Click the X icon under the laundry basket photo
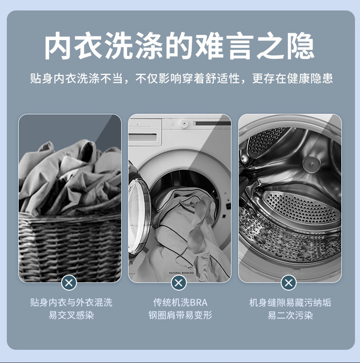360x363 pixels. pyautogui.click(x=69, y=283)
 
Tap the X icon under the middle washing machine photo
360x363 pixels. pyautogui.click(x=179, y=283)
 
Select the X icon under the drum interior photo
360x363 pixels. pyautogui.click(x=288, y=283)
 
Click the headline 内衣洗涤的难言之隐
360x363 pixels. pyautogui.click(x=179, y=46)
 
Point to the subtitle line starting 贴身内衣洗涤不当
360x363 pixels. pyautogui.click(x=181, y=78)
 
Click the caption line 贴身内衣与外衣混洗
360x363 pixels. pyautogui.click(x=71, y=302)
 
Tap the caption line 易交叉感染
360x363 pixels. pyautogui.click(x=71, y=315)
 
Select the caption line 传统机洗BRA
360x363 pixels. pyautogui.click(x=180, y=302)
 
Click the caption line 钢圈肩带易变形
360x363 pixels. pyautogui.click(x=180, y=315)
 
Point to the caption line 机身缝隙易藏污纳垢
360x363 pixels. pyautogui.click(x=290, y=302)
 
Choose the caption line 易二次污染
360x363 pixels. pyautogui.click(x=290, y=315)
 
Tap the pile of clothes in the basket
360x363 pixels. pyautogui.click(x=70, y=178)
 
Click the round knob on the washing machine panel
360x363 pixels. pyautogui.click(x=184, y=123)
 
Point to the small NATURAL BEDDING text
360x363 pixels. pyautogui.click(x=181, y=273)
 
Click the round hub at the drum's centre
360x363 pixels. pyautogui.click(x=312, y=164)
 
